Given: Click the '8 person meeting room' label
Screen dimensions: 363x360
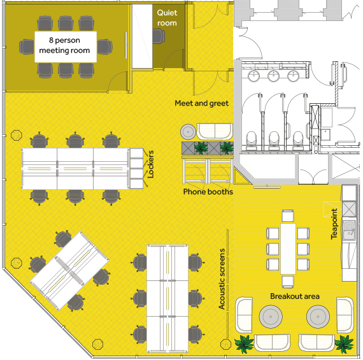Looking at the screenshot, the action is coord(64,45).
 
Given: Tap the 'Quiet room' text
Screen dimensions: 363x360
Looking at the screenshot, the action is coord(167,18).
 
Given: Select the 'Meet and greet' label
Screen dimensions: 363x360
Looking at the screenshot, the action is coord(201,103).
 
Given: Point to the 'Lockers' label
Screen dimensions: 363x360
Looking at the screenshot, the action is coord(150,164).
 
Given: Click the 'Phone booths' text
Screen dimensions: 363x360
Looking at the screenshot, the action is coord(208,192).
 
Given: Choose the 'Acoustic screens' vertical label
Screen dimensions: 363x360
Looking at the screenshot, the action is coord(222,279).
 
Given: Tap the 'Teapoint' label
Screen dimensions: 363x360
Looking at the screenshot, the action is coord(334,224).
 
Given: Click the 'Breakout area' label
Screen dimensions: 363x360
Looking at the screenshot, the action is coord(295,296).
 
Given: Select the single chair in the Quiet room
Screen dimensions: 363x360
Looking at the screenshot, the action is coord(159,36).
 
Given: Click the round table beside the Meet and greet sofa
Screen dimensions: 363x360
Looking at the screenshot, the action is coord(188,132).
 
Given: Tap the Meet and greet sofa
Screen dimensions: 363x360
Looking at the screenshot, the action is coord(215,131).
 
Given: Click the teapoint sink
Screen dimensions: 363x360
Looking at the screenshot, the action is coord(349,230).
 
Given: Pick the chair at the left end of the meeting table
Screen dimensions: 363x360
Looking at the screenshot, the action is coord(26,47).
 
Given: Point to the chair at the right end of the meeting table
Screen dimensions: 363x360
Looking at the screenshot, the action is coord(105,47).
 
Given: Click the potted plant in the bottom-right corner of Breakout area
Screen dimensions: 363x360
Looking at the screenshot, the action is coord(345,344).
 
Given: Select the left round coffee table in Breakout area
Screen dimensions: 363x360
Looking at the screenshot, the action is coord(271,317).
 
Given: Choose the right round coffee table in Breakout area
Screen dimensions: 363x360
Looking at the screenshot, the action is coord(318,317).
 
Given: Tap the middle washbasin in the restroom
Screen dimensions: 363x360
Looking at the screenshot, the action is coord(274,76).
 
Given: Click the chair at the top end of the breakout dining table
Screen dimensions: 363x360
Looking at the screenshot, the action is coord(288,216).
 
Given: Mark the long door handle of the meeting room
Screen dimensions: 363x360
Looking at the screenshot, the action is coord(126,45).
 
